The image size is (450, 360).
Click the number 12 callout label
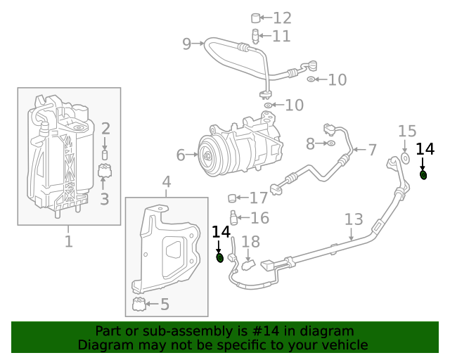282,18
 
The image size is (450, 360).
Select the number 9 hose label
186,44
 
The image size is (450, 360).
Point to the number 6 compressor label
180,154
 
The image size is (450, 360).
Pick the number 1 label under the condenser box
68,242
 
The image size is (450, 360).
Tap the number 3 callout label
104,199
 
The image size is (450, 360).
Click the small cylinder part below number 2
105,154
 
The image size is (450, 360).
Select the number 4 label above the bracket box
167,184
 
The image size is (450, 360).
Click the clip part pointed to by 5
139,304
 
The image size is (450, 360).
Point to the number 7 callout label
372,149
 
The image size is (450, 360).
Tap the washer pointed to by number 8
330,144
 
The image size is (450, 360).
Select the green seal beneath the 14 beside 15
424,174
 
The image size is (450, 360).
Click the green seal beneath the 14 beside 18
219,258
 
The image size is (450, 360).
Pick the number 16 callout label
259,218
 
